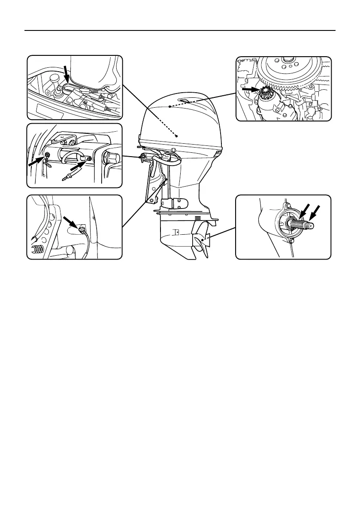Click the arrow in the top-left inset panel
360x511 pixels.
[66, 73]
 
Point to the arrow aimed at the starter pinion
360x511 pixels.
[248, 89]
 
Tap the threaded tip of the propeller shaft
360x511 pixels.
[310, 226]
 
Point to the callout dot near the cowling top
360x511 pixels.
[170, 106]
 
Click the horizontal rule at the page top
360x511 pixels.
[180, 31]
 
